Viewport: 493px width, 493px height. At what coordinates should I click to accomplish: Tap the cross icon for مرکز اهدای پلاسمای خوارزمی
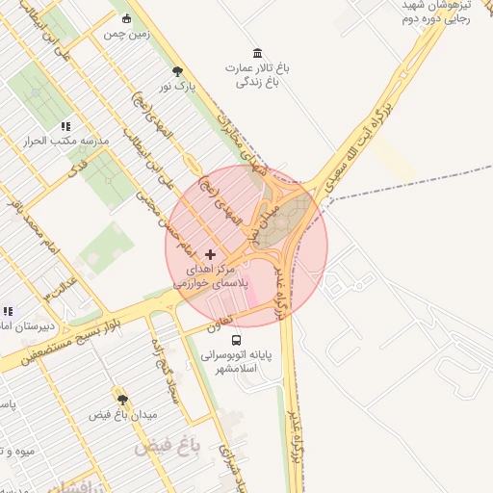coord(211,254)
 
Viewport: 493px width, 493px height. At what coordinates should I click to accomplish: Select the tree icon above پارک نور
coord(176,71)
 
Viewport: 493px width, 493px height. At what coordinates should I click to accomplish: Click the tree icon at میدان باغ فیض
coord(122,399)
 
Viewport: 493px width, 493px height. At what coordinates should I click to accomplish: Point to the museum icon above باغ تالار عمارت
coord(256,52)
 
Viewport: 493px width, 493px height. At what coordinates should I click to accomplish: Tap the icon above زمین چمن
coord(126,17)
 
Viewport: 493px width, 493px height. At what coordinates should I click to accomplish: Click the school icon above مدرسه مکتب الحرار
coord(65,126)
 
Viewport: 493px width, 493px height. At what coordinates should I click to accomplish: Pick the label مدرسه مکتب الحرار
coord(68,142)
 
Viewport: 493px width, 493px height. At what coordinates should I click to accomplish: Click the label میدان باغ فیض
coord(122,415)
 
